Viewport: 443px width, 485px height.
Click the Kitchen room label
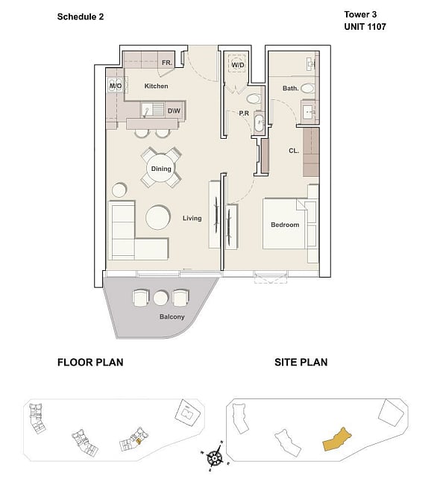pos(156,86)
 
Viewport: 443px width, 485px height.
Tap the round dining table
pos(161,169)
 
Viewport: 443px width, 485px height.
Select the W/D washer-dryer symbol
pos(238,64)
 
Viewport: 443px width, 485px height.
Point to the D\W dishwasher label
pos(174,110)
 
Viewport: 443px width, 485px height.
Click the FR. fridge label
pos(166,63)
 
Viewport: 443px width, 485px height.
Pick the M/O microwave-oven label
pos(116,86)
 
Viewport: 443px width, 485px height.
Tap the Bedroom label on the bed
pos(285,225)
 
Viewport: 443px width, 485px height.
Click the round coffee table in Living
pos(157,217)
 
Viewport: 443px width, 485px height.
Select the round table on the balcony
pos(160,298)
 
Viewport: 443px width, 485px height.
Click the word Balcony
pos(172,316)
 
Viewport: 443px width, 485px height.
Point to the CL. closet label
pos(294,151)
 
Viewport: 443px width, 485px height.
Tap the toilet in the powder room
pos(254,99)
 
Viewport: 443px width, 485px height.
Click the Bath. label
pos(291,89)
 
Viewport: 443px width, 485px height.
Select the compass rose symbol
pos(215,458)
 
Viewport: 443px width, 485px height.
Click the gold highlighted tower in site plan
pos(337,439)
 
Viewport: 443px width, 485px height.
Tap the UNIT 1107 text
pos(365,27)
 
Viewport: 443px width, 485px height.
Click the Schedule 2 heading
pos(81,16)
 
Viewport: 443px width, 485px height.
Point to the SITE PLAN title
pos(301,362)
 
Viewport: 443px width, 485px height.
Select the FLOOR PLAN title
pos(90,362)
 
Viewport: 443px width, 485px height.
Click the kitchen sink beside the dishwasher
pos(146,110)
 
